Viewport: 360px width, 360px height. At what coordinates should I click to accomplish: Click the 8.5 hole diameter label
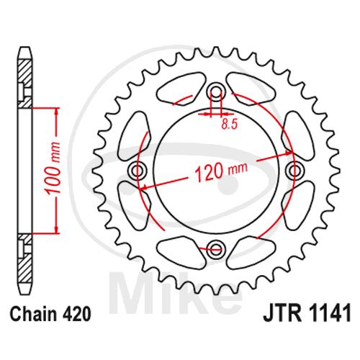click(x=229, y=125)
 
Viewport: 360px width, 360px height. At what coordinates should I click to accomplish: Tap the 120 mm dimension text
click(x=220, y=171)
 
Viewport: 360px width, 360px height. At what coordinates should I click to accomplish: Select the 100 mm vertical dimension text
click(x=53, y=168)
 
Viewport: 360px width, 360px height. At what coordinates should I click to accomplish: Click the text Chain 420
click(x=50, y=314)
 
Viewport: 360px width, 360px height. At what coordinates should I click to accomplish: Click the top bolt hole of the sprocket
click(x=216, y=91)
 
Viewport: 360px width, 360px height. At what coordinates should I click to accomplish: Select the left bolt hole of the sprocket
click(x=137, y=171)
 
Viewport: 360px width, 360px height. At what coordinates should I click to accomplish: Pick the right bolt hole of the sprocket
click(x=295, y=171)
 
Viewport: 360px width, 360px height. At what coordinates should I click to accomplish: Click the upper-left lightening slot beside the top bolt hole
click(x=181, y=89)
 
